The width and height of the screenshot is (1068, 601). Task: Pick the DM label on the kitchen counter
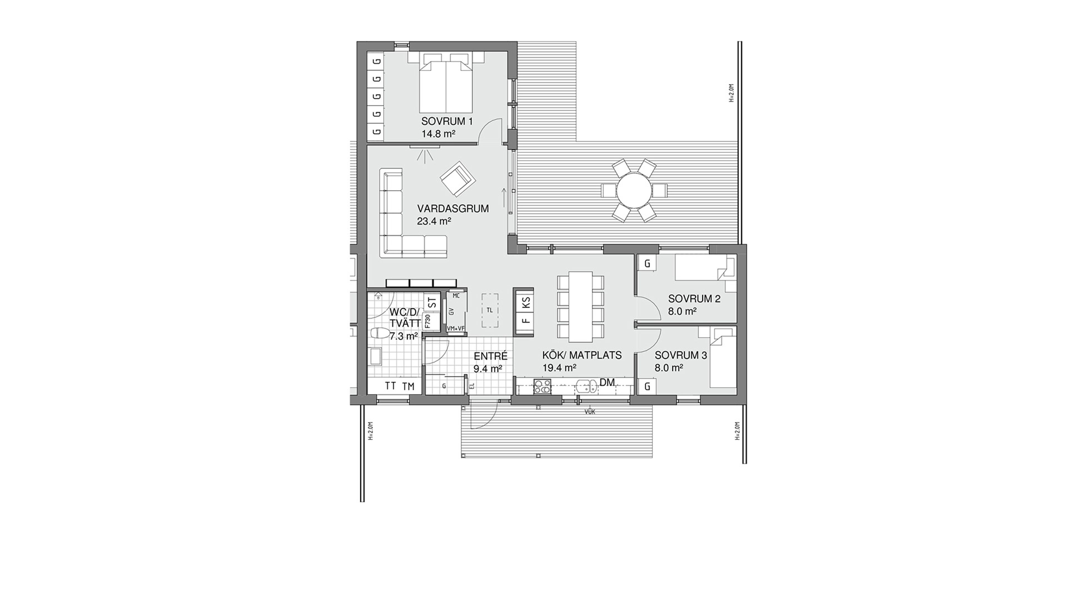point(607,382)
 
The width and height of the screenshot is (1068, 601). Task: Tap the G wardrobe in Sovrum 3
point(647,386)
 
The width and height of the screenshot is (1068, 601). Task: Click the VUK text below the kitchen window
point(590,412)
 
